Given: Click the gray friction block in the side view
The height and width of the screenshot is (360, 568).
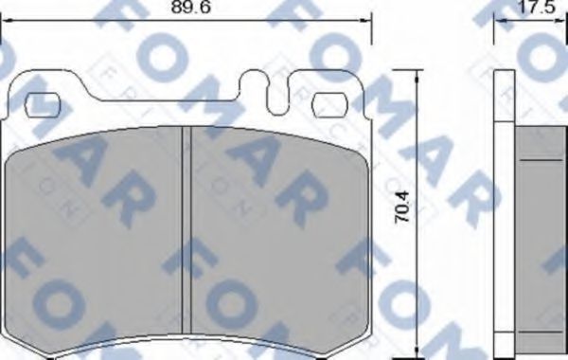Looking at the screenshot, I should click(x=541, y=237).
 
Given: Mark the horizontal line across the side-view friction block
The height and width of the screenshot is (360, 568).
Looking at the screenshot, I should click(x=541, y=161).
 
